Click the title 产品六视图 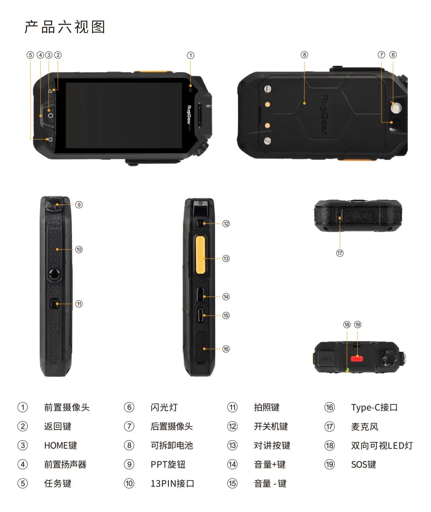pos(65,27)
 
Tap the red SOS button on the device pos(357,359)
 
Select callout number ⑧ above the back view pos(304,55)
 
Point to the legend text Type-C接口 pos(374,408)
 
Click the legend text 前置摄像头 pos(67,408)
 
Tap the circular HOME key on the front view pos(50,115)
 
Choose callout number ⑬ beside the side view pos(226,259)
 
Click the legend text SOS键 pos(363,465)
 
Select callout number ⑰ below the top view pos(340,253)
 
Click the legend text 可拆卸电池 pos(172,445)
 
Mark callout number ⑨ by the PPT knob pos(79,205)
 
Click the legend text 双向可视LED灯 pos(382,445)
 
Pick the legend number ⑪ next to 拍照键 pos(232,408)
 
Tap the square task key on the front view pos(50,139)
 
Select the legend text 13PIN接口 pos(172,484)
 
